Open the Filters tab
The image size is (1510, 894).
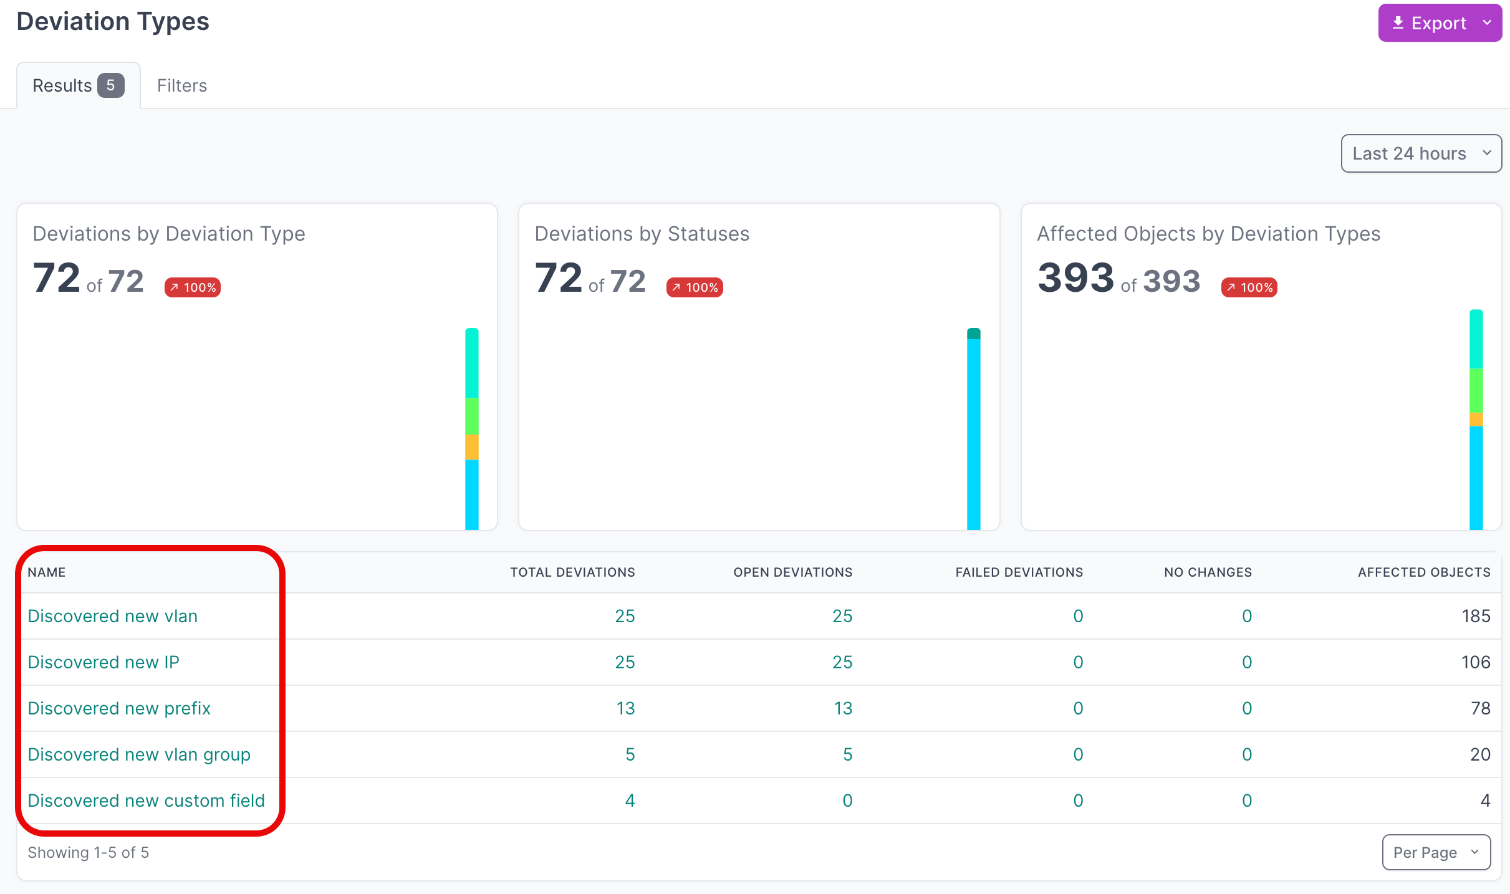181,85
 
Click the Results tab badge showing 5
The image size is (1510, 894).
110,85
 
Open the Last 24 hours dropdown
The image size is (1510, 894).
1420,153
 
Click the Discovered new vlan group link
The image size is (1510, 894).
139,754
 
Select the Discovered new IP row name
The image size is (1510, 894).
103,662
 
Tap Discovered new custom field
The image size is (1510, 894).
147,800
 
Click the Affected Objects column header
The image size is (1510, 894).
1423,572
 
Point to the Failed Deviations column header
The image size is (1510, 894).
1019,572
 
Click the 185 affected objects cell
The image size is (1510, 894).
1475,616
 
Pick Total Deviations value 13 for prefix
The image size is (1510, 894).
625,708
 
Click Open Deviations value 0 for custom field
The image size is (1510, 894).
847,800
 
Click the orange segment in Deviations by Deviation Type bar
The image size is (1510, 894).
472,447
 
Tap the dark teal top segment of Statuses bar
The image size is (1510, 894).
973,334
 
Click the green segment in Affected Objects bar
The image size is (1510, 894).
1476,390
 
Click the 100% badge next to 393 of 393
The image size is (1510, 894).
1249,287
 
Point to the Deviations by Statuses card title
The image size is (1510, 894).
642,234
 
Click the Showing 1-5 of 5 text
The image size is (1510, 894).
89,852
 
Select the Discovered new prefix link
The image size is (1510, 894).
119,708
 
